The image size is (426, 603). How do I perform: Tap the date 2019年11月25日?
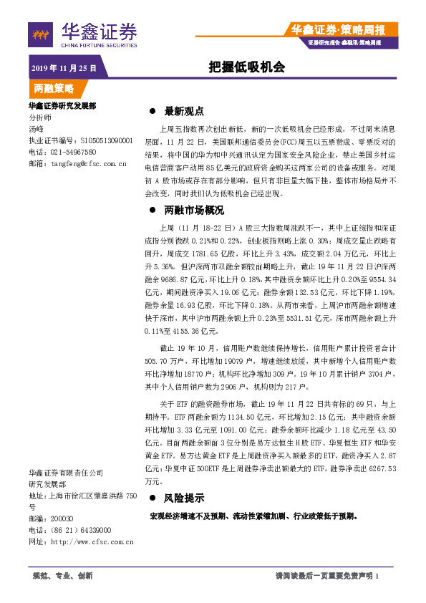[x=64, y=68]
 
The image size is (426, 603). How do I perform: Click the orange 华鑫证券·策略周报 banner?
[x=338, y=29]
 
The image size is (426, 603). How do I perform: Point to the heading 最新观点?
[x=185, y=112]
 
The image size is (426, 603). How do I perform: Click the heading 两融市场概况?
[x=195, y=211]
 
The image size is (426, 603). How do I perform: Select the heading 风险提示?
[x=185, y=498]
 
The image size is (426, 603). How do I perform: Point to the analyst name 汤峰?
[x=36, y=129]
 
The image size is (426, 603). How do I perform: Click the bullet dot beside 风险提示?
[x=151, y=498]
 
